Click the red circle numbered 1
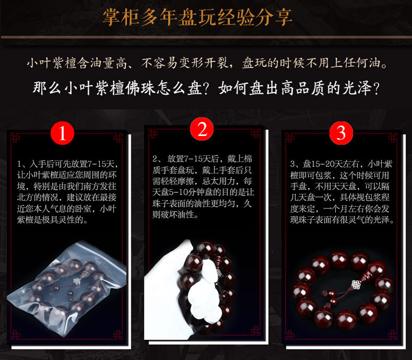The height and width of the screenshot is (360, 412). (x=62, y=133)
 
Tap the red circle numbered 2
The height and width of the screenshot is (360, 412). (x=202, y=129)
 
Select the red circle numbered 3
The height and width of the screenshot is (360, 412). (x=341, y=133)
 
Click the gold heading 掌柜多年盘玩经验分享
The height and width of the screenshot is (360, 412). (x=197, y=17)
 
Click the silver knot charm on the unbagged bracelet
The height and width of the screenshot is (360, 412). (x=356, y=284)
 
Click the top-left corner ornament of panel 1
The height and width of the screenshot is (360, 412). (x=15, y=138)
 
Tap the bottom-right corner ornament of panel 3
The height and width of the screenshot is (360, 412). (x=393, y=335)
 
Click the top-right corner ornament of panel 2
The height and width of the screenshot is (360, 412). (x=256, y=133)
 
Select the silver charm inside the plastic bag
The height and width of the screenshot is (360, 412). (x=77, y=282)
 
